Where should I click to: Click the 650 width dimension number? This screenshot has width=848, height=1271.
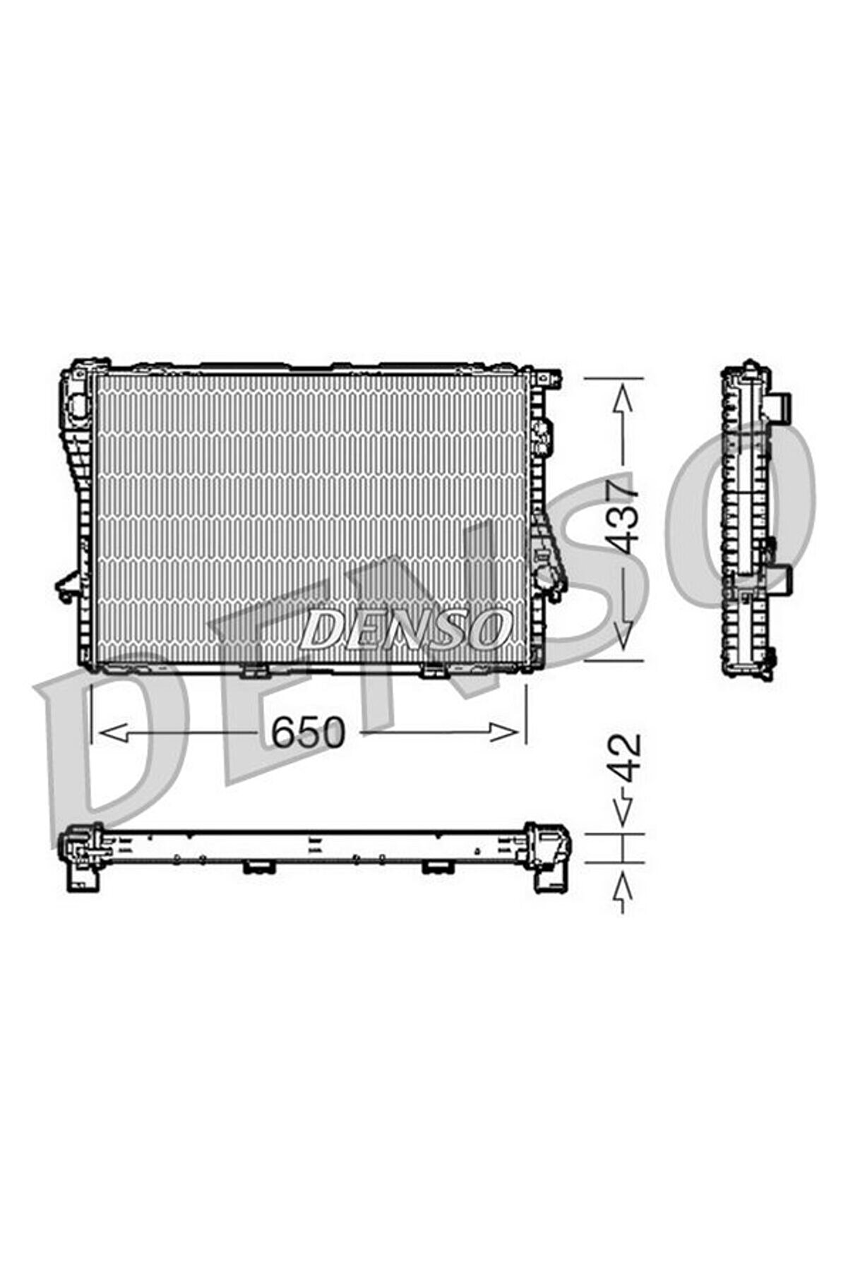tap(309, 732)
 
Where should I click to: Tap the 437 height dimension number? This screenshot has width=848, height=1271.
tap(624, 517)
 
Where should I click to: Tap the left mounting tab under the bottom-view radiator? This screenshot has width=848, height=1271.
tap(258, 867)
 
